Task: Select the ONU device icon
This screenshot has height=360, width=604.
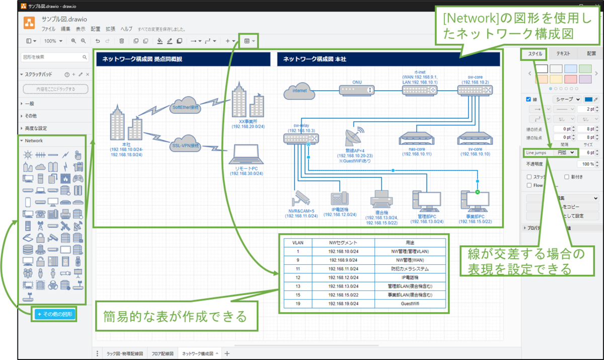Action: [x=356, y=90]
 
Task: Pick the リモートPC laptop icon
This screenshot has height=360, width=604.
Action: [x=247, y=157]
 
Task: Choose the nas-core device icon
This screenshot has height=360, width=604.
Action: [x=415, y=138]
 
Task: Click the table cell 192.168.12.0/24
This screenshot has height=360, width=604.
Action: [x=344, y=277]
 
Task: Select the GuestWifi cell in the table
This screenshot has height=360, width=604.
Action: [x=410, y=304]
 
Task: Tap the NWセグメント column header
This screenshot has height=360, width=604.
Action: [x=344, y=242]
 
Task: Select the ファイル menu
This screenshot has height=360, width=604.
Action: [x=48, y=29]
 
